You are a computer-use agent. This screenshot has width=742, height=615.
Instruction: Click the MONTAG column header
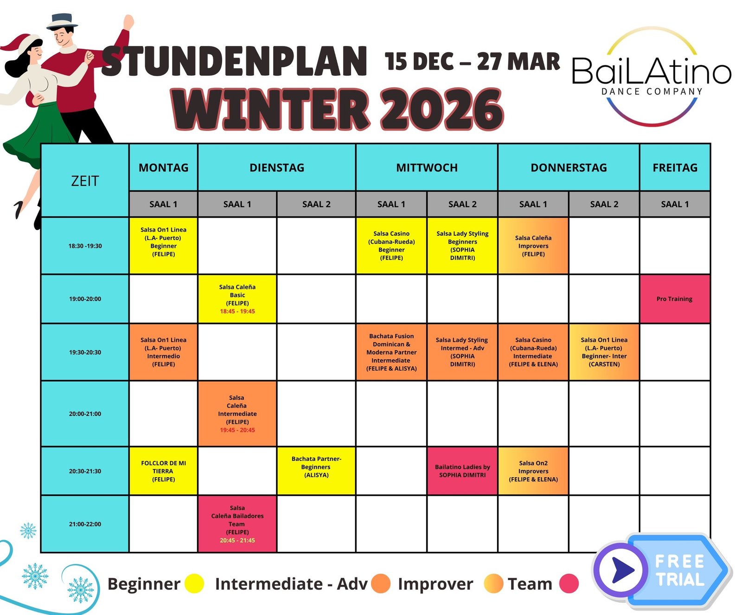(x=163, y=168)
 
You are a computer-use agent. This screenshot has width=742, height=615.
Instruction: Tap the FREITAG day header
(x=675, y=168)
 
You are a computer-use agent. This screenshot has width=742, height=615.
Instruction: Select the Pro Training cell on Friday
(x=675, y=299)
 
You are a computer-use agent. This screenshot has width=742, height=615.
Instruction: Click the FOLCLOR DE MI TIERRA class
(x=163, y=471)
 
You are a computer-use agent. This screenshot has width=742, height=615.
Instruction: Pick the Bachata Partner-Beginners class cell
(x=316, y=471)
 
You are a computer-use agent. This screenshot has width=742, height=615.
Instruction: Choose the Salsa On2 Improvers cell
(x=533, y=471)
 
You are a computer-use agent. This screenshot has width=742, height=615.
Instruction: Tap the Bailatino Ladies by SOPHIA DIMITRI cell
(x=462, y=471)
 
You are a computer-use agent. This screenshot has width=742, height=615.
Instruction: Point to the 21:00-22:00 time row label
(x=85, y=524)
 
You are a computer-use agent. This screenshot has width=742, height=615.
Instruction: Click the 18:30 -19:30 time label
(x=85, y=246)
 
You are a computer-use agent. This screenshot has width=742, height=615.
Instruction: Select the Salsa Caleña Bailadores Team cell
(x=237, y=524)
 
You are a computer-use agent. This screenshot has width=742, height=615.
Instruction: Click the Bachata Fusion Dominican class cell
(x=391, y=352)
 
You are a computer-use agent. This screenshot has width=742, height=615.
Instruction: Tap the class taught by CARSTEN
(x=604, y=352)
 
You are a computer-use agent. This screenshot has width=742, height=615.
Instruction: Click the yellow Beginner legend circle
(x=194, y=583)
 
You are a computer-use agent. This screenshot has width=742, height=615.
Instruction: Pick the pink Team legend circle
(x=569, y=583)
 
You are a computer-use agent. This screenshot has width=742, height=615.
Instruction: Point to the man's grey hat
(x=62, y=21)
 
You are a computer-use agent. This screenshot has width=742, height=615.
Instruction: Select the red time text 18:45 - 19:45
(x=237, y=311)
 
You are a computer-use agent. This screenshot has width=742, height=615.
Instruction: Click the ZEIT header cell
(x=85, y=181)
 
